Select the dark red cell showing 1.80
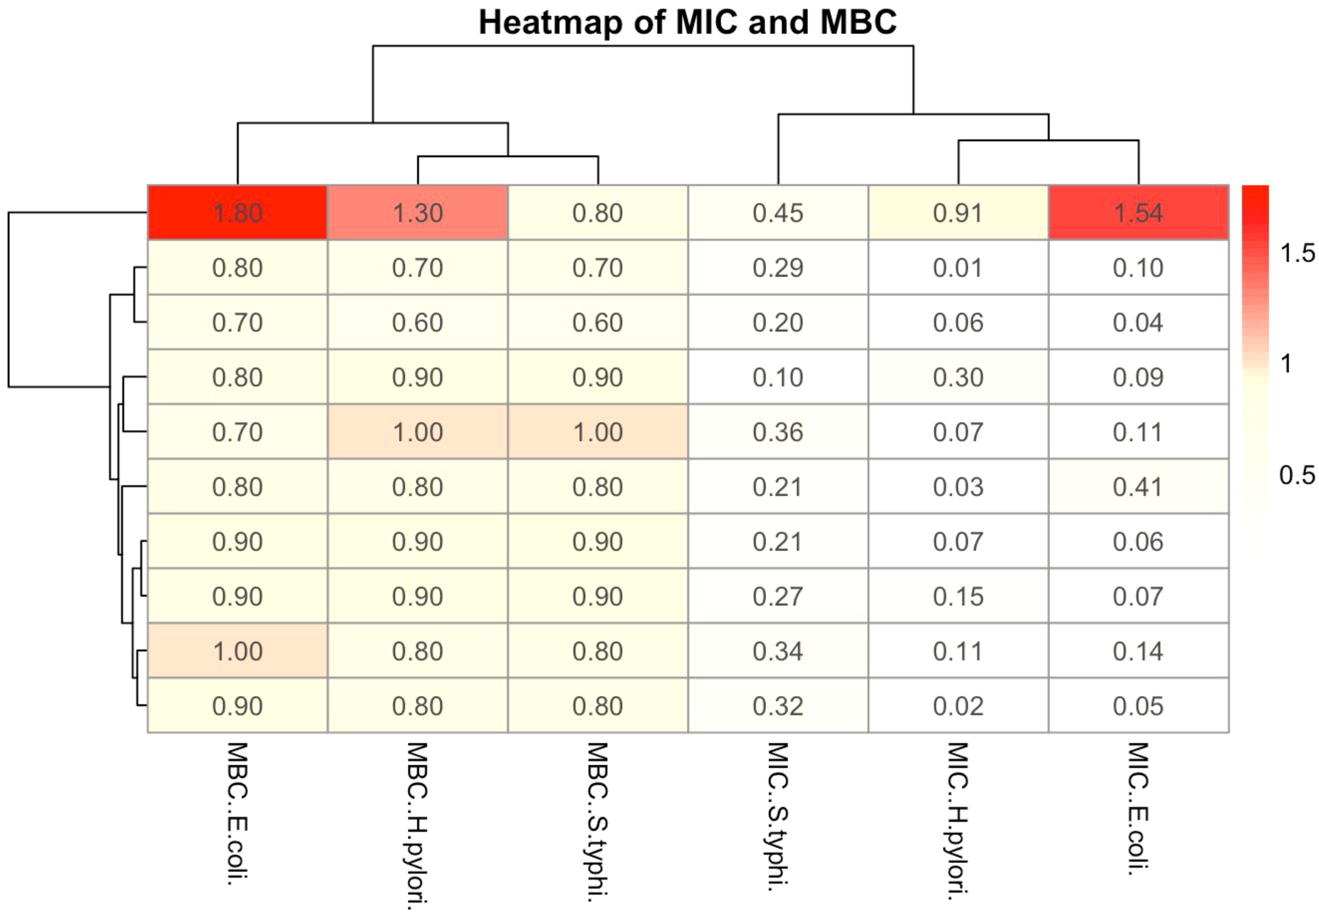237,213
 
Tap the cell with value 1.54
1138,213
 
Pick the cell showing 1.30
417,213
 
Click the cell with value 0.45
778,213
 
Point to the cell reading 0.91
958,213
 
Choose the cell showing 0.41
1138,487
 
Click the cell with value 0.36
778,432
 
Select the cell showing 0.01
958,268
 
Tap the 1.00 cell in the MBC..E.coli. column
237,651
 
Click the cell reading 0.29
778,268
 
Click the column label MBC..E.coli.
237,813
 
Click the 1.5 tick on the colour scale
1297,253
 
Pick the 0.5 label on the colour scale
1297,475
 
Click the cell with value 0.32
778,706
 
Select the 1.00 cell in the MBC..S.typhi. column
597,432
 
